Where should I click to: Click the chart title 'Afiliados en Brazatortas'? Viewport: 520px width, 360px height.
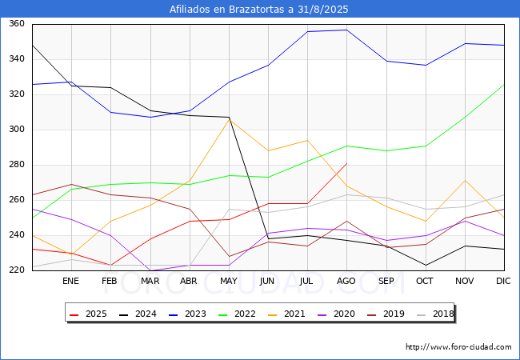(x=259, y=10)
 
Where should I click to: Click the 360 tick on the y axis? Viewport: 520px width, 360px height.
(x=16, y=24)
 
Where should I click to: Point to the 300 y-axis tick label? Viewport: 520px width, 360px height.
(x=16, y=130)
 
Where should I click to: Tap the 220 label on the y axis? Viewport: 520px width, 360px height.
(x=16, y=270)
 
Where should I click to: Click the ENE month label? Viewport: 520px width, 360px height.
(x=71, y=282)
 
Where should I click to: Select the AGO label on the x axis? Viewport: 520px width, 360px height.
(x=346, y=282)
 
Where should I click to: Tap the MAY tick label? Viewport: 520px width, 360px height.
(x=229, y=282)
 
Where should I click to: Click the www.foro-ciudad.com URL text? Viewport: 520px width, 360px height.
(x=458, y=347)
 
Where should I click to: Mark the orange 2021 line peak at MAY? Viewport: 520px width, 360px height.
(x=229, y=119)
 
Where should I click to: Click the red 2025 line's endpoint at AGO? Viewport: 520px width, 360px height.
(x=346, y=164)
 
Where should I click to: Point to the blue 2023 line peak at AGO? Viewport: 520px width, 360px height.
(x=346, y=30)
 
